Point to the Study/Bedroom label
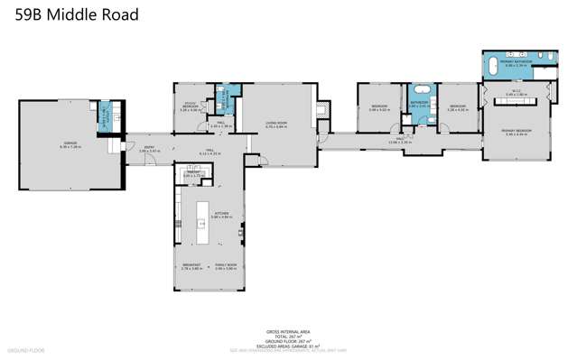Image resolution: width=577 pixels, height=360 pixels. pos(190,107)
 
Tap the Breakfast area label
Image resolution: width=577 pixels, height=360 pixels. pos(191,266)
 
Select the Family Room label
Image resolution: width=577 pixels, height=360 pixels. pos(225,266)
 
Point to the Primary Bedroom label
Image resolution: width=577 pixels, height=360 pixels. pos(515,133)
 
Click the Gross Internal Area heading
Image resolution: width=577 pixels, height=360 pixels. pos(287,332)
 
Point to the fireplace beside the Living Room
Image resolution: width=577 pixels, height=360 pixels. pos(323,107)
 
